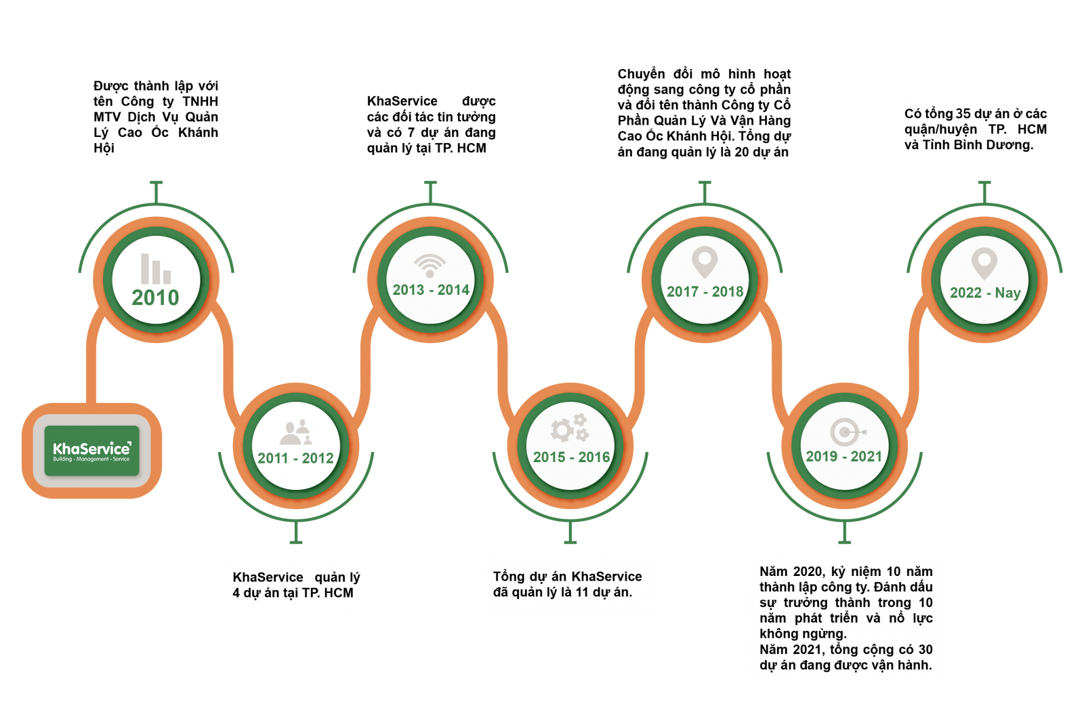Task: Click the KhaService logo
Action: pyautogui.click(x=91, y=451)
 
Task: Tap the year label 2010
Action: pyautogui.click(x=155, y=297)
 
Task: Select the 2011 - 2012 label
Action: pyautogui.click(x=295, y=458)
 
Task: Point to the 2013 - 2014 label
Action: pyautogui.click(x=431, y=290)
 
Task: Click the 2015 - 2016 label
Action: pyautogui.click(x=571, y=457)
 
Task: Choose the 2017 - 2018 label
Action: pyautogui.click(x=705, y=291)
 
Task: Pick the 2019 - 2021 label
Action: pyautogui.click(x=843, y=456)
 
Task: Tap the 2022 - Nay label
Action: pyautogui.click(x=985, y=293)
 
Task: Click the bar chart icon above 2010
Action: pyautogui.click(x=155, y=269)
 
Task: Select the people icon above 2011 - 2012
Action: pyautogui.click(x=295, y=432)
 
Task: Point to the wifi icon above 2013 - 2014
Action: pyautogui.click(x=430, y=265)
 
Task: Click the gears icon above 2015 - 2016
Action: pyautogui.click(x=569, y=428)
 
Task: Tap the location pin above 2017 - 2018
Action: pyautogui.click(x=705, y=262)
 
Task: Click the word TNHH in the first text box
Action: pyautogui.click(x=200, y=102)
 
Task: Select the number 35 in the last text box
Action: pyautogui.click(x=963, y=114)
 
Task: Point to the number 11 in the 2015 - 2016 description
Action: pyautogui.click(x=582, y=592)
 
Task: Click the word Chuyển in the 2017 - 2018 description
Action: pyautogui.click(x=641, y=74)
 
